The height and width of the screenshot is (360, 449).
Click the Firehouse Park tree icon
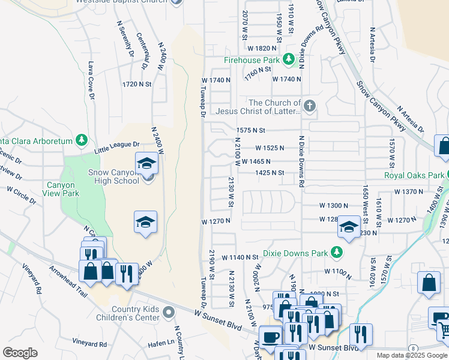point(289,59)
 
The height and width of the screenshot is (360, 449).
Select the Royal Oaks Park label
point(414,176)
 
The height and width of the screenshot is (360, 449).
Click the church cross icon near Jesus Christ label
point(309,107)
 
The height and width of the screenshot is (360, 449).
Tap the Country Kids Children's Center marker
point(169,311)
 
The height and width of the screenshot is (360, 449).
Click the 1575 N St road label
point(250,130)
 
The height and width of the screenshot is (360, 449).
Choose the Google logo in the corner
point(20,352)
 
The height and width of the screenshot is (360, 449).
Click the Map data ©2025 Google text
point(412,355)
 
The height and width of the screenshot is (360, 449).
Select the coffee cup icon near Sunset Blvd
point(270,336)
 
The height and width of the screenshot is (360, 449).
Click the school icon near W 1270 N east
point(348,227)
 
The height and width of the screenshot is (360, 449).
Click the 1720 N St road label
point(136,85)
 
